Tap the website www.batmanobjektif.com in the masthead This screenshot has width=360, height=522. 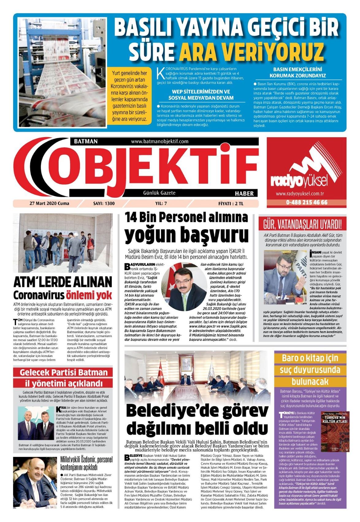159,141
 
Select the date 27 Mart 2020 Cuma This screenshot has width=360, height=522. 49,203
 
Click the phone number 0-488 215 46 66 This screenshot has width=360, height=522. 306,202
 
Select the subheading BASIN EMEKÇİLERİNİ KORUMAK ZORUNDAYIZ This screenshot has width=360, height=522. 297,72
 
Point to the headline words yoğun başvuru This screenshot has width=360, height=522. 186,235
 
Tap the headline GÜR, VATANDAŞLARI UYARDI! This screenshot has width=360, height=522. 302,224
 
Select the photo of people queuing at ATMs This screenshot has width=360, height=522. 63,243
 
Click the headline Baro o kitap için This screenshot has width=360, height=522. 310,358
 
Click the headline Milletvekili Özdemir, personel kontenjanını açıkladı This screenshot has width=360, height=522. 86,463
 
